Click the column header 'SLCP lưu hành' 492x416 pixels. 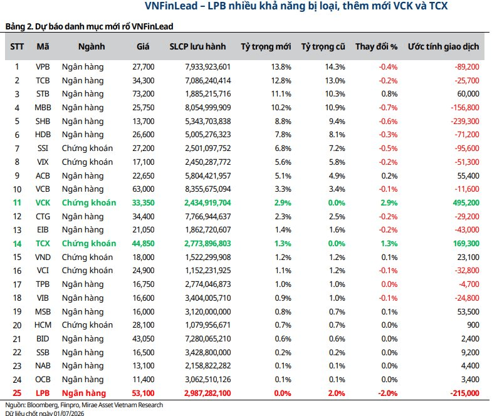tap(197, 46)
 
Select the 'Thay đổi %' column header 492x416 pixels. tap(376, 46)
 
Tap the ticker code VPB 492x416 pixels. tap(43, 67)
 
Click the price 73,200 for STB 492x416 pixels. tap(144, 94)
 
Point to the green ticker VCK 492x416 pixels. tap(43, 202)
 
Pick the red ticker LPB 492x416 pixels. tap(43, 393)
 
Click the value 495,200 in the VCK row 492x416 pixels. tap(466, 202)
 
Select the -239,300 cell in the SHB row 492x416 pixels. tap(465, 121)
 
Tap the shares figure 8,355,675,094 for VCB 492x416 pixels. tap(207, 189)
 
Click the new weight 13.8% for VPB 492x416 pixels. tap(281, 67)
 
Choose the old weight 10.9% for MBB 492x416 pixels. tap(335, 108)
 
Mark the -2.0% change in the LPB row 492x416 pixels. tap(388, 393)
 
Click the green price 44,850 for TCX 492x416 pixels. tap(144, 244)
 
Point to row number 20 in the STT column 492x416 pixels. tap(17, 325)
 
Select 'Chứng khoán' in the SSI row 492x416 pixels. tap(87, 148)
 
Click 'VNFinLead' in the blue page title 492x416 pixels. tap(171, 6)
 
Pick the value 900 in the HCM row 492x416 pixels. tap(473, 325)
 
